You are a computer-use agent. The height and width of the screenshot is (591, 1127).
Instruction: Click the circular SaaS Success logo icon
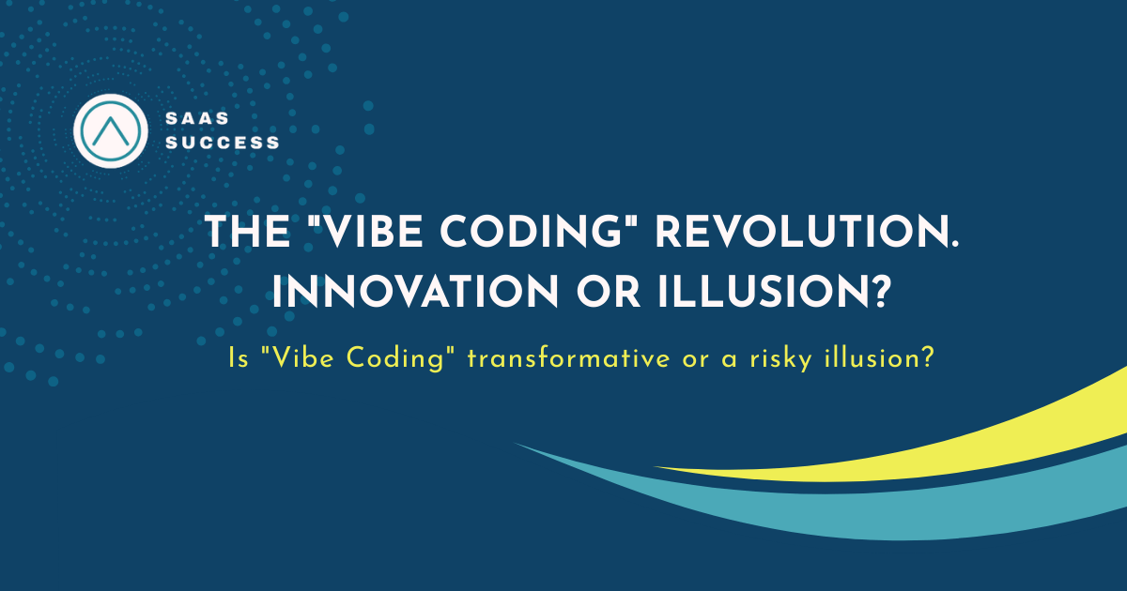point(111,130)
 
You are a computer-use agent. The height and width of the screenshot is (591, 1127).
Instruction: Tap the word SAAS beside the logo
point(197,118)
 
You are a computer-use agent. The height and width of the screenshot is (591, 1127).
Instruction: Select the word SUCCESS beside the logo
point(223,143)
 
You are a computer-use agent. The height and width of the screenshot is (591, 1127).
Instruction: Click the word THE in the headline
point(248,232)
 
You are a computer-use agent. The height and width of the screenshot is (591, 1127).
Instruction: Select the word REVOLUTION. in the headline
point(807,232)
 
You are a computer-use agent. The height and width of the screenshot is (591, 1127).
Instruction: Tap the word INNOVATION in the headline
point(415,292)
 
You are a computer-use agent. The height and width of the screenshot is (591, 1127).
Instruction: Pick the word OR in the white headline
point(609,292)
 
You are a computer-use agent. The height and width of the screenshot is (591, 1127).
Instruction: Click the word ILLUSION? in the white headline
point(772,292)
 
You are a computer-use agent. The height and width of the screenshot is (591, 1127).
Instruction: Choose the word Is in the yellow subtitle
point(239,358)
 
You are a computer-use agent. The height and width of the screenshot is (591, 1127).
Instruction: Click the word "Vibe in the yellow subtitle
point(298,357)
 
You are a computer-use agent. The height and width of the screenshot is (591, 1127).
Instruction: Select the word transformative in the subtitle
point(568,357)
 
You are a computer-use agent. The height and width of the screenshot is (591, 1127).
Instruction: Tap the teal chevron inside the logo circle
point(111,129)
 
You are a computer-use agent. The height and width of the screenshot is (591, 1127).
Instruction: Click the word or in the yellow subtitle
point(694,361)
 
